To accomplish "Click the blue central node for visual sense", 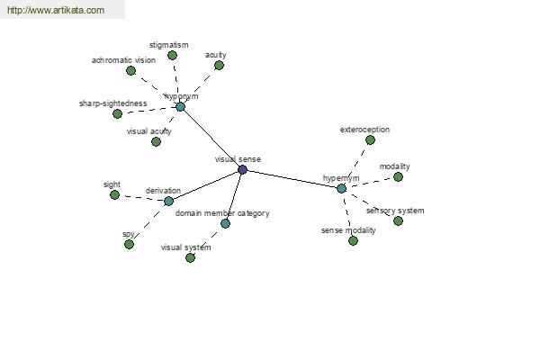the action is pyautogui.click(x=242, y=169).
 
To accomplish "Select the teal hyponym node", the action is pyautogui.click(x=181, y=107).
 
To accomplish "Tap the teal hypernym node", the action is pyautogui.click(x=341, y=188).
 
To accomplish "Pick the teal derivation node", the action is pyautogui.click(x=168, y=202).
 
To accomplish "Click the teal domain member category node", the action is pyautogui.click(x=225, y=223).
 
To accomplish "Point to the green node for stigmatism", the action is pyautogui.click(x=172, y=55).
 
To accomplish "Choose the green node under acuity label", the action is pyautogui.click(x=219, y=65).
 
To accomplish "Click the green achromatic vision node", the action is pyautogui.click(x=130, y=70).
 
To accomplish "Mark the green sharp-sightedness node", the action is pyautogui.click(x=117, y=113).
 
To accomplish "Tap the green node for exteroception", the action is pyautogui.click(x=370, y=139).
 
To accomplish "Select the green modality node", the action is pyautogui.click(x=398, y=176).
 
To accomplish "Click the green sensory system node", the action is pyautogui.click(x=398, y=220).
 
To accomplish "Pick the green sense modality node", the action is pyautogui.click(x=353, y=240).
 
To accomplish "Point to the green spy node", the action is pyautogui.click(x=129, y=244).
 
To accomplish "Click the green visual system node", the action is pyautogui.click(x=191, y=257).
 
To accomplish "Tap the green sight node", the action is pyautogui.click(x=114, y=194).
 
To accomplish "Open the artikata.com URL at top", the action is pyautogui.click(x=56, y=10).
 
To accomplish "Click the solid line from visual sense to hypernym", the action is pyautogui.click(x=292, y=179).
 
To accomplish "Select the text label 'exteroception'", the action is pyautogui.click(x=364, y=130).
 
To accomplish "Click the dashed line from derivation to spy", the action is pyautogui.click(x=148, y=223).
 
